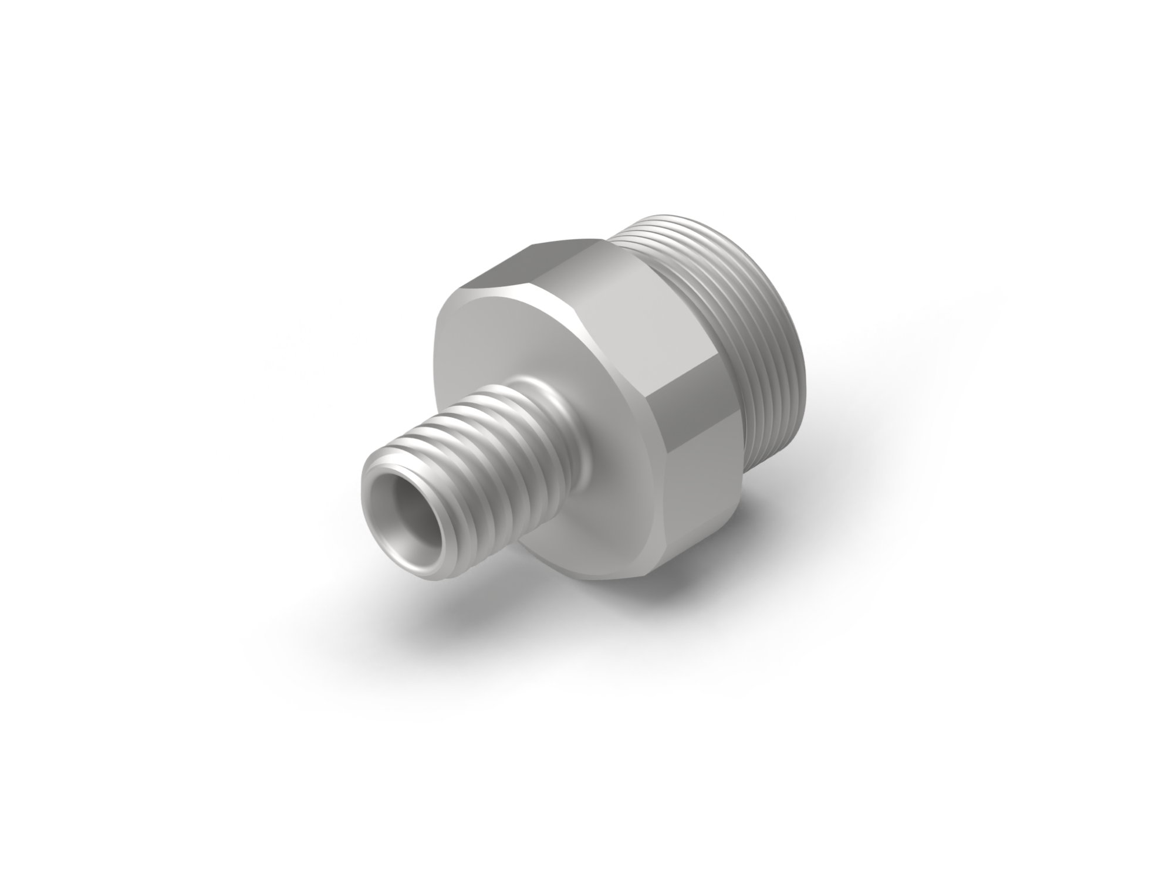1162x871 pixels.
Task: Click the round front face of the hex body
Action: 516,340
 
